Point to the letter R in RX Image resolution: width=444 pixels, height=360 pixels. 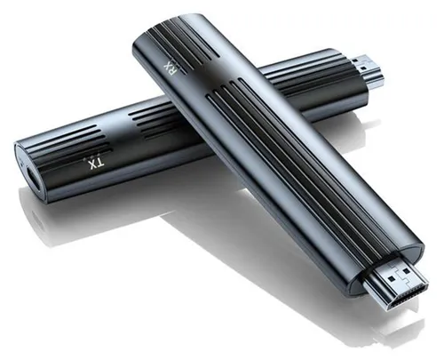[x=170, y=72]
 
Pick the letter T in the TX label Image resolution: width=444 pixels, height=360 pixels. [x=100, y=163]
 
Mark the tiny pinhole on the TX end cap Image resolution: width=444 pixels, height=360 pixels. [x=21, y=162]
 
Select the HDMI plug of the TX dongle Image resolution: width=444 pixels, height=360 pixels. [x=369, y=72]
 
